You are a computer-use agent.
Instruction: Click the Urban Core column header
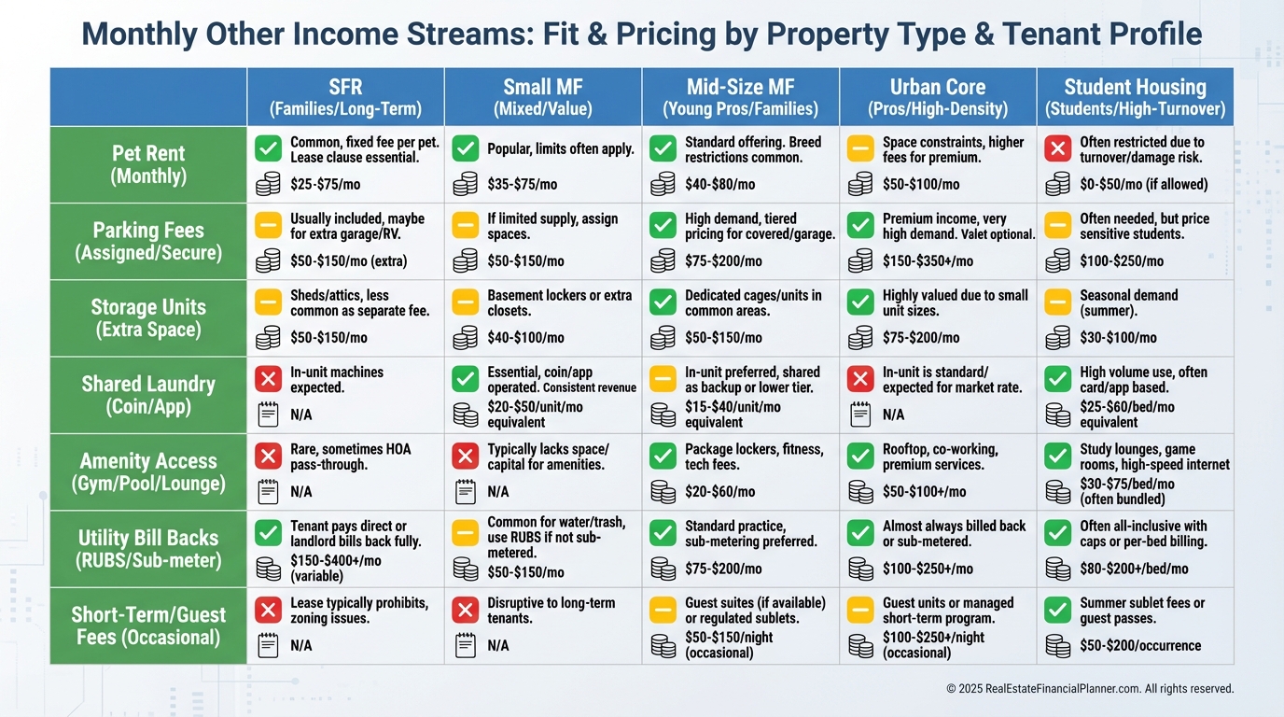tap(937, 97)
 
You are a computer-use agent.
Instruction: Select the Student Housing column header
tap(1135, 97)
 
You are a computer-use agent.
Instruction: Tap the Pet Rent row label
tap(148, 164)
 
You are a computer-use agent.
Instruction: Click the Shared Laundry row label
tap(148, 395)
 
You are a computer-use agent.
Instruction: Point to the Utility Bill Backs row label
tap(148, 549)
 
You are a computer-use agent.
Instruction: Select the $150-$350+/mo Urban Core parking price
tap(928, 260)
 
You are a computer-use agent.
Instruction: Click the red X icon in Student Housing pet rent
tap(1057, 149)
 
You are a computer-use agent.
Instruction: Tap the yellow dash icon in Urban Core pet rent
tap(859, 149)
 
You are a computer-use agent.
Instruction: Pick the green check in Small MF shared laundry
tap(465, 379)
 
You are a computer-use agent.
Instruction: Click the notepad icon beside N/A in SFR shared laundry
tap(268, 414)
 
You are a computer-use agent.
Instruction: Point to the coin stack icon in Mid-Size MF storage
tap(663, 337)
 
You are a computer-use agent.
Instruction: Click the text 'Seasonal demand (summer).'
tap(1129, 302)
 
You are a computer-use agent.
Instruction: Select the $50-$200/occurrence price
tap(1140, 645)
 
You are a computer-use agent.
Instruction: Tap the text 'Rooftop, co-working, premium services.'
tap(940, 457)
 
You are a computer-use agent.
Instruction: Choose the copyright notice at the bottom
tap(1090, 689)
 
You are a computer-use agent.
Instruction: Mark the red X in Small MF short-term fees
tap(465, 610)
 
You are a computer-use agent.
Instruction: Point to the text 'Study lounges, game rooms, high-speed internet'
tap(1154, 457)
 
